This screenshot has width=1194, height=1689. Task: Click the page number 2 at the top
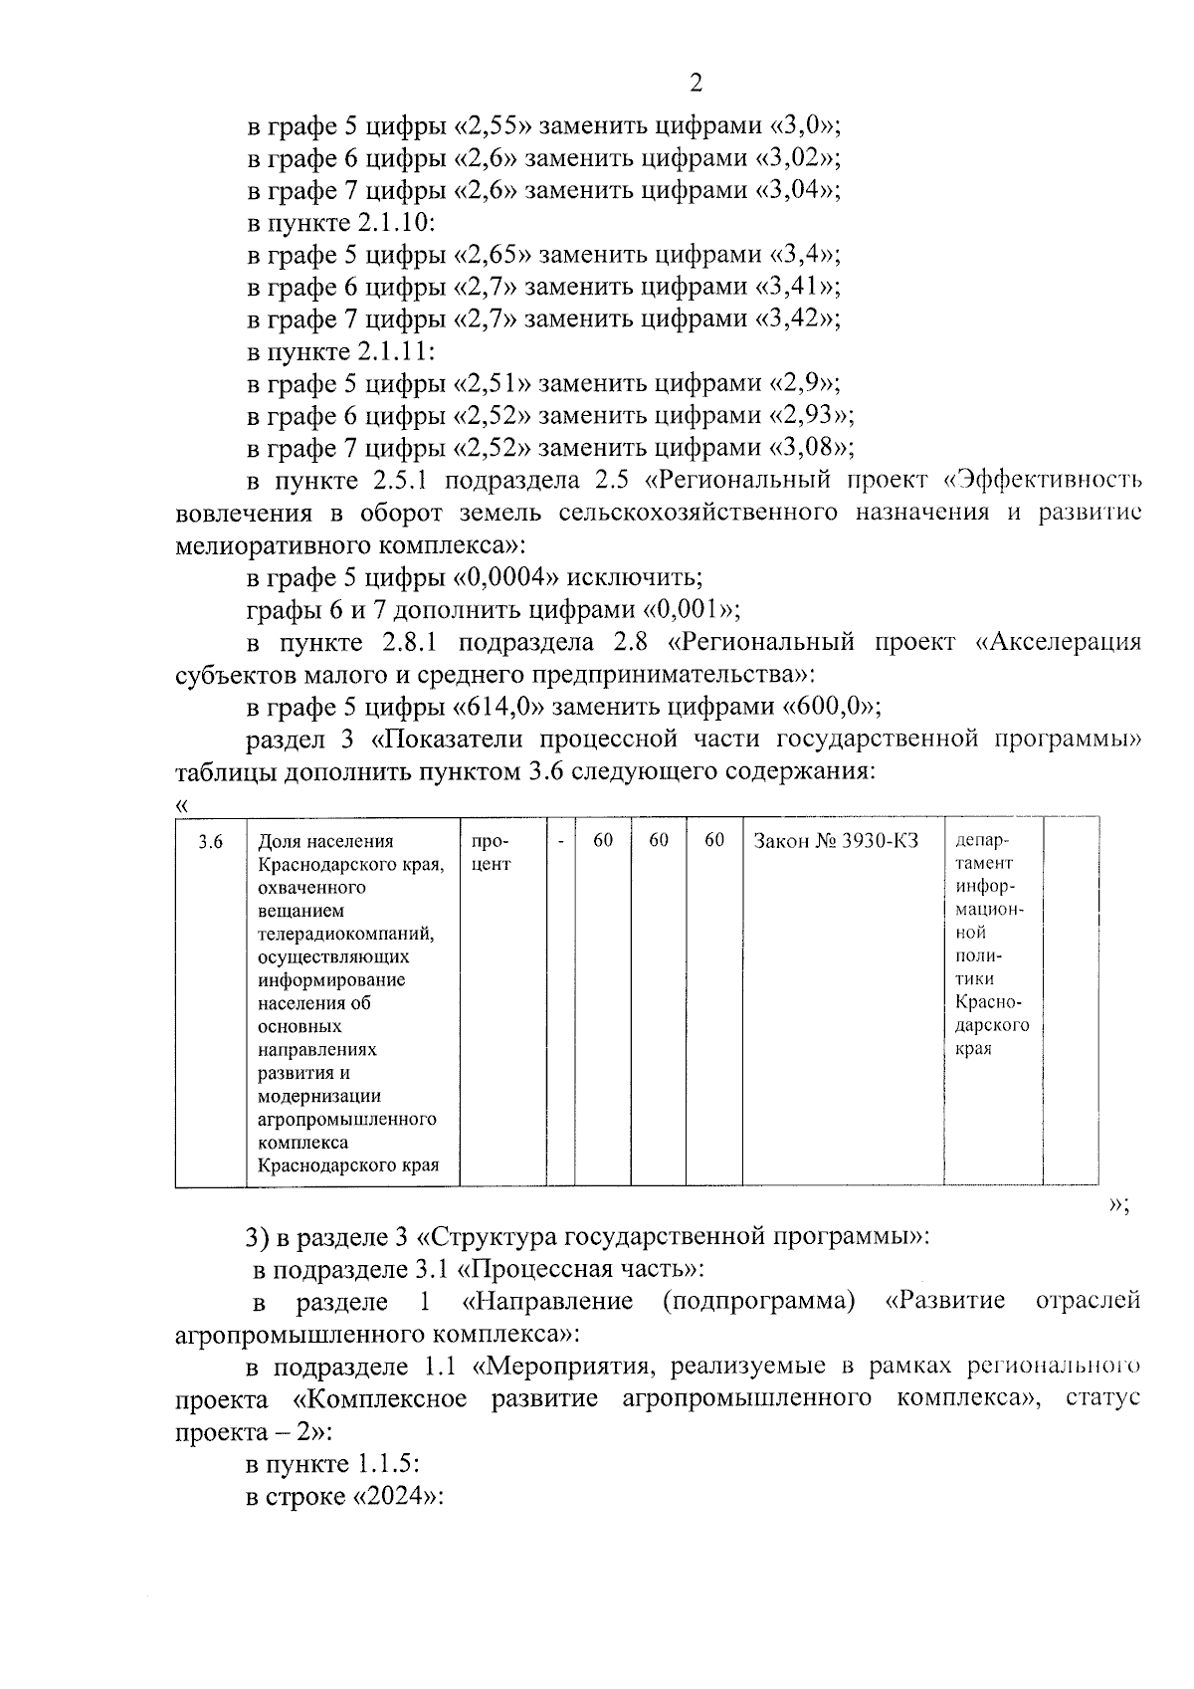[x=696, y=84]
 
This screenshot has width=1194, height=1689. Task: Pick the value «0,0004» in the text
[x=514, y=577]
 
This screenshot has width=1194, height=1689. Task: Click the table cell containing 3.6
[x=211, y=842]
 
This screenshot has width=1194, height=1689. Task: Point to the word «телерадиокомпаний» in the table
[x=346, y=934]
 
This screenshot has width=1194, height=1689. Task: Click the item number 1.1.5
[x=384, y=1465]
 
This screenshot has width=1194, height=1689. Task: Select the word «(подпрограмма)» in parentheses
[x=758, y=1302]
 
